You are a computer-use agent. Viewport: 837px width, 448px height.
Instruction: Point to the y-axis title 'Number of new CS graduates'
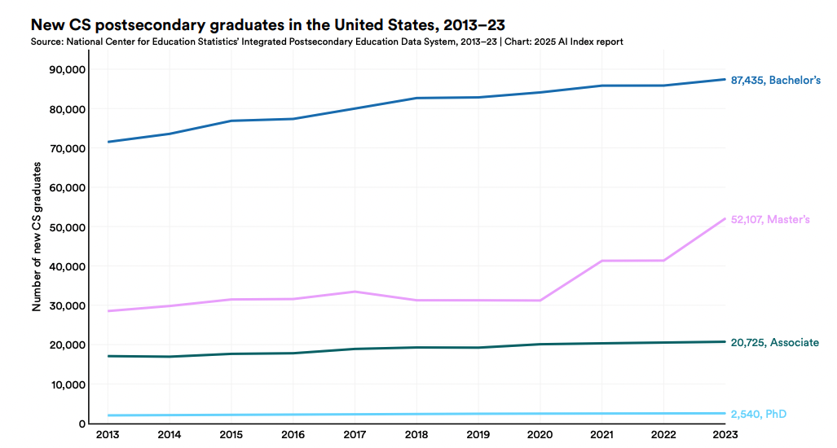click(37, 236)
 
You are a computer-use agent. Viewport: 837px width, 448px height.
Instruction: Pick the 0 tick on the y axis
click(81, 424)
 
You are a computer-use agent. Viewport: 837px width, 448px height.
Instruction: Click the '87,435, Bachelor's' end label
click(775, 80)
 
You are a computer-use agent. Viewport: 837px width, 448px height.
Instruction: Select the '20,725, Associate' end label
click(774, 342)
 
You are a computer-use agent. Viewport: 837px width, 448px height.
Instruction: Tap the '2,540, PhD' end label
click(759, 414)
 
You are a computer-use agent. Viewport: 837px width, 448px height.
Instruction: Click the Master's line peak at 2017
click(355, 292)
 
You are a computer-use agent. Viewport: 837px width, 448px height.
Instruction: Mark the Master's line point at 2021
click(601, 261)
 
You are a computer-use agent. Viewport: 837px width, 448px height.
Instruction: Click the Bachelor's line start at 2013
click(108, 142)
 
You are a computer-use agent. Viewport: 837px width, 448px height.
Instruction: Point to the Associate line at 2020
click(540, 345)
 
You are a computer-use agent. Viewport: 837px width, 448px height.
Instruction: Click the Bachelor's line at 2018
click(416, 98)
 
